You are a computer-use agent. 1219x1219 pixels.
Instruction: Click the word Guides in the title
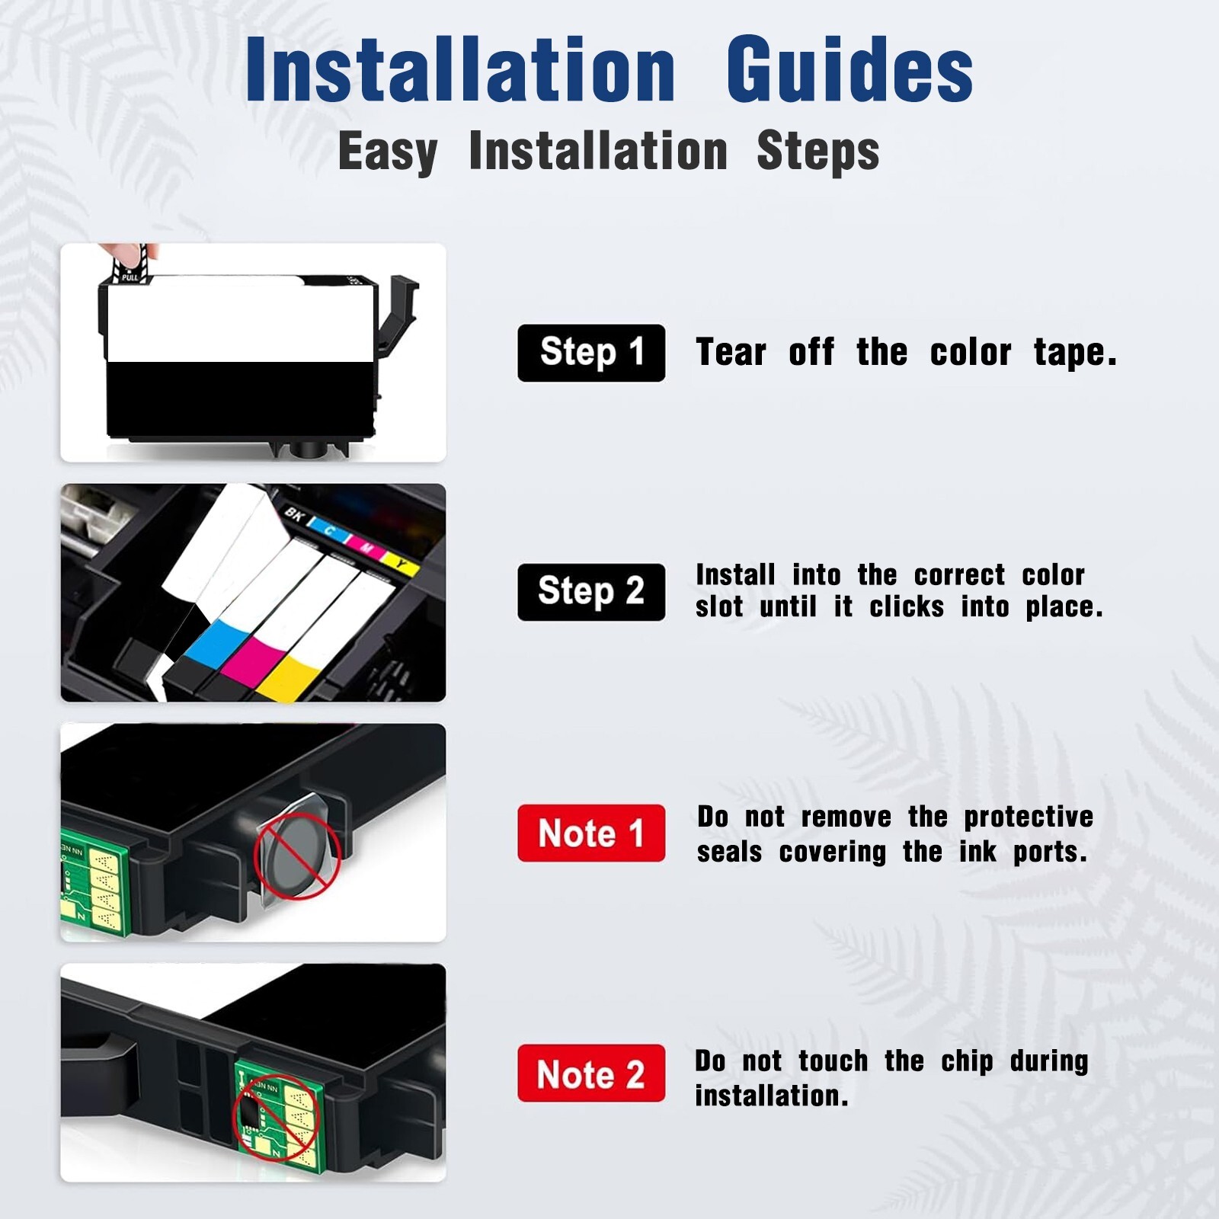pos(849,70)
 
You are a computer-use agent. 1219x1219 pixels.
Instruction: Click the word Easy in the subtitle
pos(387,152)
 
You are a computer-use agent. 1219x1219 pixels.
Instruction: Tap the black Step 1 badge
pos(591,353)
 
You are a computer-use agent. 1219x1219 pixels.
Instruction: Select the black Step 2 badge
pos(591,592)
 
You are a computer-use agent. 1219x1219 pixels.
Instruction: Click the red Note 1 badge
pos(591,833)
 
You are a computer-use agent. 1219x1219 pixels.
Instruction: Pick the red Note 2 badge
pos(591,1073)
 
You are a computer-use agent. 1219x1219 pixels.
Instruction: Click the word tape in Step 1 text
pos(1074,354)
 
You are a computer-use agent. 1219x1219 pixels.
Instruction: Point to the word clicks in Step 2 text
pos(907,607)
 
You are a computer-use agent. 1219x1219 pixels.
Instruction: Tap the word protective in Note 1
pos(1029,817)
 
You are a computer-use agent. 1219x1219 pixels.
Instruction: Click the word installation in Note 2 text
pos(771,1096)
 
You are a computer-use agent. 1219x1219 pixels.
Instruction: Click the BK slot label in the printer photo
pos(294,514)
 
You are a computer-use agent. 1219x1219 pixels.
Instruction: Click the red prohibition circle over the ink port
pos(297,855)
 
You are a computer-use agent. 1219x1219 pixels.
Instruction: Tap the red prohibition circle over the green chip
pos(274,1117)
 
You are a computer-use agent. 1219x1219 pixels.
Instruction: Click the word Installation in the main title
pos(460,70)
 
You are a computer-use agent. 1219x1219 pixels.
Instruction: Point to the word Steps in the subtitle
pos(818,152)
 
